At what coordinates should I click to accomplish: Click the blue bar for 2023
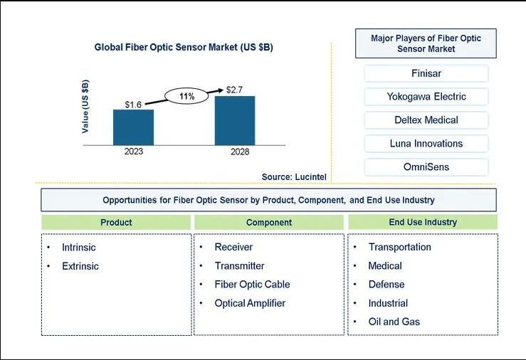tap(134, 127)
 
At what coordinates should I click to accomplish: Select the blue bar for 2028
tap(235, 121)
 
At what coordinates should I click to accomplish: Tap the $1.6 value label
tap(133, 105)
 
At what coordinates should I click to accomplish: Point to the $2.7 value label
tap(234, 90)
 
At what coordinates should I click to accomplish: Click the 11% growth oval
tap(186, 96)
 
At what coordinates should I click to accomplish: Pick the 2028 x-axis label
tap(240, 152)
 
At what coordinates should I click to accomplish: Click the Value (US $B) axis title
tap(85, 106)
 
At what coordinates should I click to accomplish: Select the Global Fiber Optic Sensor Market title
tap(184, 47)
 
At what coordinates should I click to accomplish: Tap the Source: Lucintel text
tap(294, 176)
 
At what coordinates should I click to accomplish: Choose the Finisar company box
tap(426, 73)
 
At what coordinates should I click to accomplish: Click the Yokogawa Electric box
tap(426, 97)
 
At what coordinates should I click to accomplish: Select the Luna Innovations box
tap(426, 144)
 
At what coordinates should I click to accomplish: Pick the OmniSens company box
tap(426, 167)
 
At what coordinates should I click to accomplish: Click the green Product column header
tap(116, 222)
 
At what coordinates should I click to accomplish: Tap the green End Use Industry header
tap(423, 222)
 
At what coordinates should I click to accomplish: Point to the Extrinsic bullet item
tap(80, 266)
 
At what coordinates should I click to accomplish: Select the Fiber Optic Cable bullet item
tap(252, 285)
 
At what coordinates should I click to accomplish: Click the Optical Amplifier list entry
tap(250, 303)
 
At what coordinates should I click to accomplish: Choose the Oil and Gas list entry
tap(394, 322)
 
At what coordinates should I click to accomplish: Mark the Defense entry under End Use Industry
tap(386, 285)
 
